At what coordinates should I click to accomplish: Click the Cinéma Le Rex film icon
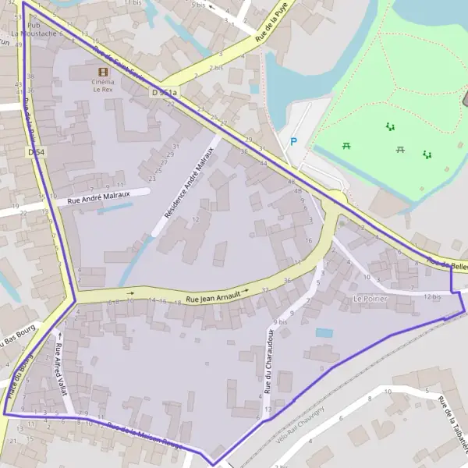tap(103, 71)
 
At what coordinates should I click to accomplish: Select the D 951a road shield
tap(164, 94)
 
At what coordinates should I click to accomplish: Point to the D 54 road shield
tap(35, 152)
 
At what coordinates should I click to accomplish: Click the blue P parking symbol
tap(293, 141)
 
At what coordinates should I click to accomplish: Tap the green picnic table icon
tap(346, 144)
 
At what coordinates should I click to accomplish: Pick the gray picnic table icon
tap(399, 148)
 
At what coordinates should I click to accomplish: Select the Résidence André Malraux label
tap(188, 183)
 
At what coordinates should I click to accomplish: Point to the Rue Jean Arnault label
tap(212, 295)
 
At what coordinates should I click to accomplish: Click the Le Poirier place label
tap(370, 299)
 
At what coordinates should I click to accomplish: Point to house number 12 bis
tap(431, 296)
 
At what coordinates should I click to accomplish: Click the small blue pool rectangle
tap(324, 333)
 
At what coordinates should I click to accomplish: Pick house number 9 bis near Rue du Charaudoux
tap(280, 322)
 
